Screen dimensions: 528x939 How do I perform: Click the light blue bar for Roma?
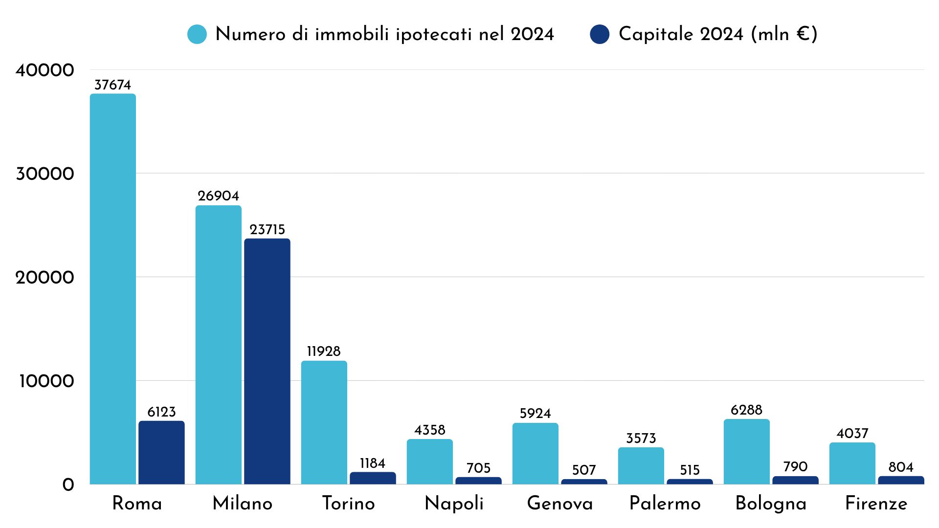(x=112, y=288)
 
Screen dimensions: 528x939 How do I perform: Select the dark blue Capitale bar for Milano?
(x=267, y=362)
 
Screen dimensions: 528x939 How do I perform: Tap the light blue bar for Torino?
(x=324, y=423)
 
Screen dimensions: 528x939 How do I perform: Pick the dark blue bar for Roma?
(x=161, y=453)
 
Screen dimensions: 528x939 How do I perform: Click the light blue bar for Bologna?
(x=746, y=452)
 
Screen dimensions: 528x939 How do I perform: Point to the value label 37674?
(x=112, y=85)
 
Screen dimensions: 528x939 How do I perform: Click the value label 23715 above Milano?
(x=267, y=230)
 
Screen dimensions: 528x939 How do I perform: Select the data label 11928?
(x=324, y=352)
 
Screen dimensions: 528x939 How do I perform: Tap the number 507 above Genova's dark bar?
(x=584, y=470)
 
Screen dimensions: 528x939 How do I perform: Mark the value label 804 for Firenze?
(x=901, y=467)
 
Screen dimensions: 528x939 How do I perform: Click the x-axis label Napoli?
(x=454, y=504)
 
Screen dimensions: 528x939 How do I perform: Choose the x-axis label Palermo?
(x=665, y=504)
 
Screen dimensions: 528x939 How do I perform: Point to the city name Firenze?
(x=876, y=504)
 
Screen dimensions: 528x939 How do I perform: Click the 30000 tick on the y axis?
(x=45, y=174)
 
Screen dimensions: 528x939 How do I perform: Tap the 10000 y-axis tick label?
(x=46, y=381)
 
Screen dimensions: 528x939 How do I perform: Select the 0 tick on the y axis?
(x=68, y=485)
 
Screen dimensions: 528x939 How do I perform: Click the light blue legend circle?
(x=197, y=34)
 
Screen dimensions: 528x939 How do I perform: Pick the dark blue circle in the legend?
(x=600, y=34)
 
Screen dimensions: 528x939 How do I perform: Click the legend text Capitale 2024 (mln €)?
(x=717, y=34)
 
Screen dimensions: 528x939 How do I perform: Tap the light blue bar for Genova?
(x=535, y=454)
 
